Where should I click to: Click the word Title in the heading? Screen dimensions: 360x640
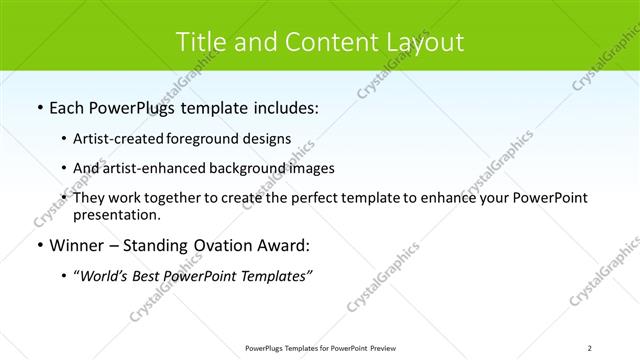click(200, 42)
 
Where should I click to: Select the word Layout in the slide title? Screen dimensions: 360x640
click(425, 42)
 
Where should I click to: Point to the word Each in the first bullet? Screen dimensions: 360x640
click(68, 107)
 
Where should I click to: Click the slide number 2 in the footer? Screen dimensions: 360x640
click(590, 348)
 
